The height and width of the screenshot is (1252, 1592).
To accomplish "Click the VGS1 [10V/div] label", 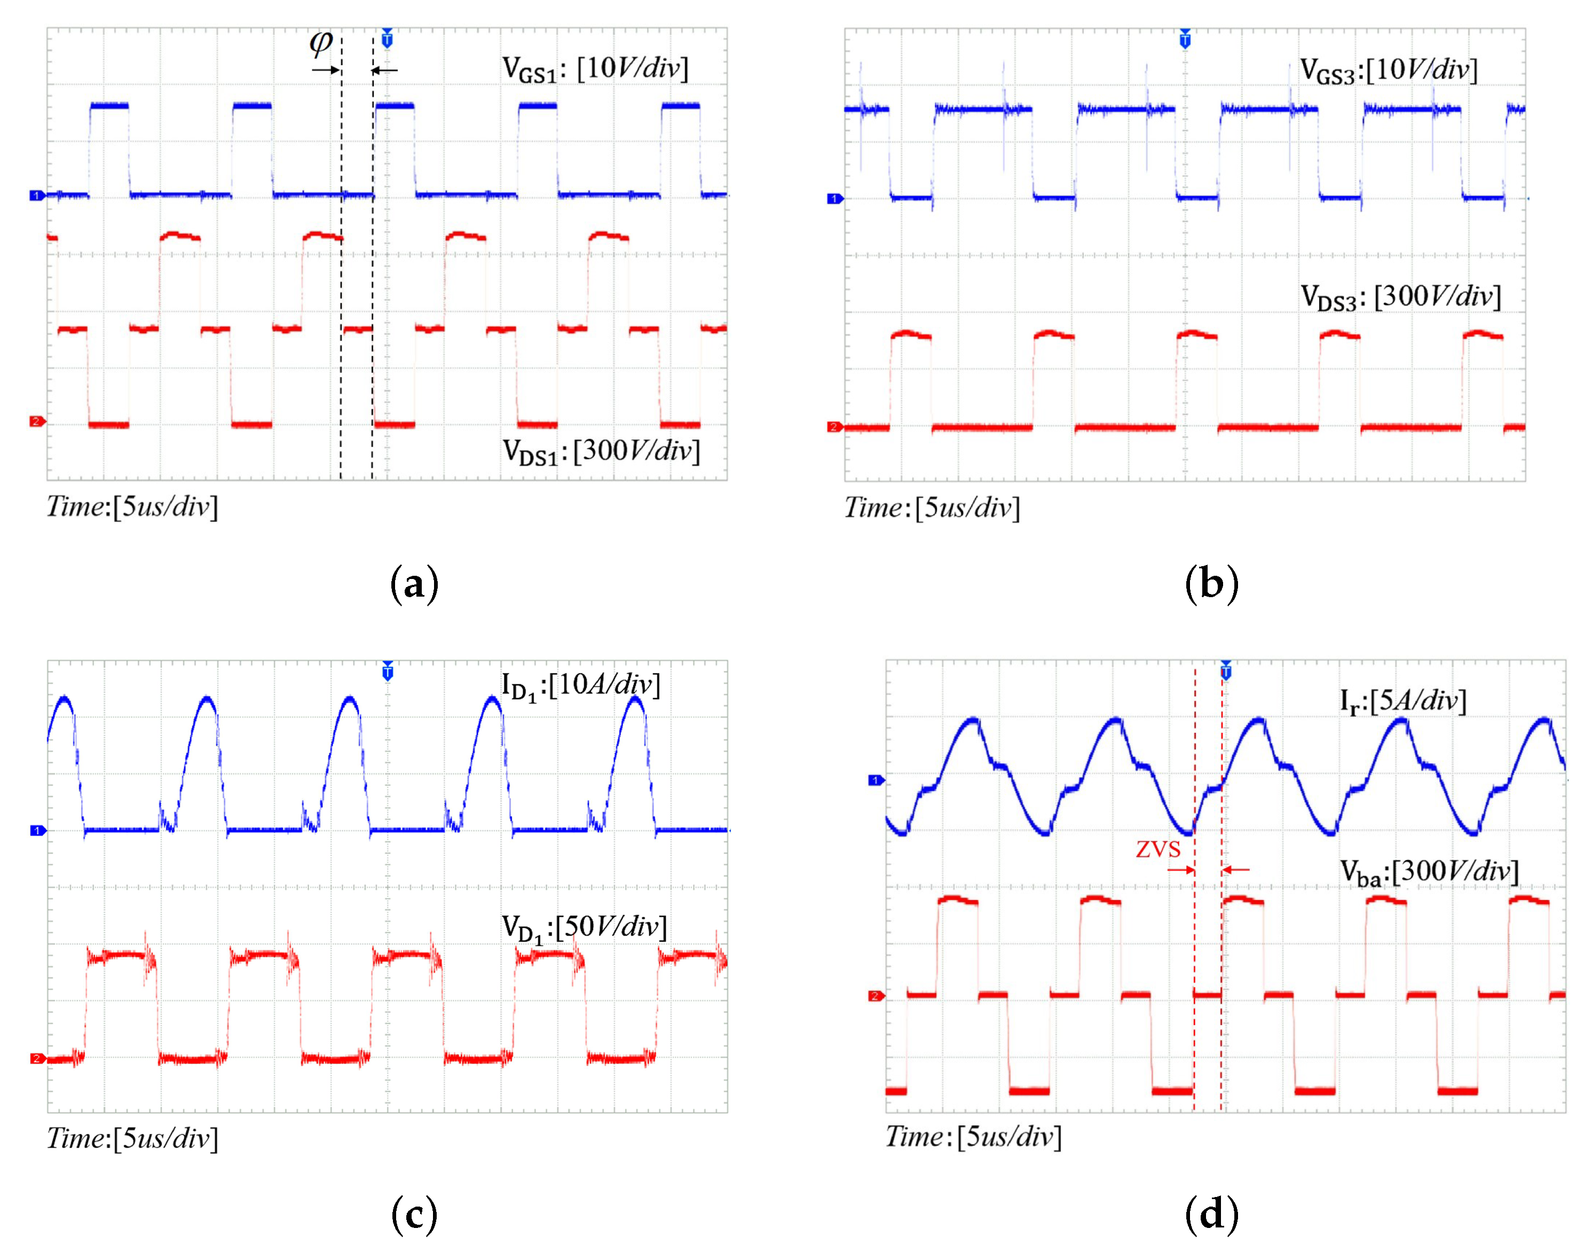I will [595, 69].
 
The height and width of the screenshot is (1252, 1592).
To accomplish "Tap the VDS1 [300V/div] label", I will [601, 451].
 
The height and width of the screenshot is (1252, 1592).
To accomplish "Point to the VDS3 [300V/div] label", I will [1400, 298].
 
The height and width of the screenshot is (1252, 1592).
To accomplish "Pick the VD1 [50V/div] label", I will [584, 928].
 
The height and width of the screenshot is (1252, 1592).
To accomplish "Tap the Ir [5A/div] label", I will [1403, 701].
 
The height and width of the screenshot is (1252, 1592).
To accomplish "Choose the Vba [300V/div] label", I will [1429, 872].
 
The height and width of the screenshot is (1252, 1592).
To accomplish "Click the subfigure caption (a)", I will [415, 585].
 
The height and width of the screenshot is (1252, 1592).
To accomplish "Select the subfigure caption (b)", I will [1212, 585].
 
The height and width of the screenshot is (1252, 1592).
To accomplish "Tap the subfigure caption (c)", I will [415, 1214].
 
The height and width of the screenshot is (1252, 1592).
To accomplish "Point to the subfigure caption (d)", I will [1212, 1214].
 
